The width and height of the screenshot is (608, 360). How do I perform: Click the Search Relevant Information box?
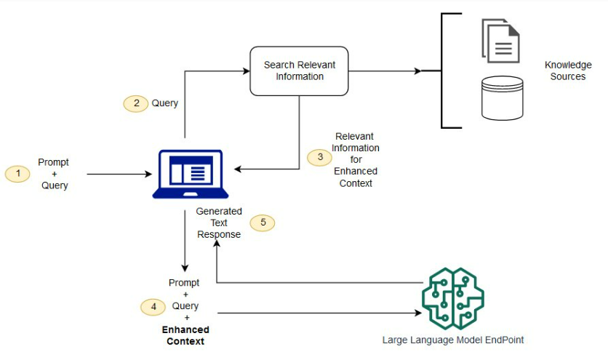click(300, 71)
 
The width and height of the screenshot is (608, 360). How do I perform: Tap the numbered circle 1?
click(18, 174)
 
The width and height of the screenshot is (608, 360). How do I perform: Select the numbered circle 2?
click(136, 103)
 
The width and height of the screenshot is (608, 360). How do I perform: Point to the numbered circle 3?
click(319, 157)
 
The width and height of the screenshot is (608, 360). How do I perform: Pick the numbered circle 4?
click(153, 307)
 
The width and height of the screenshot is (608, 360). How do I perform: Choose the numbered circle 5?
click(263, 223)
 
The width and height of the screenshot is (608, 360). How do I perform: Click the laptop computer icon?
click(191, 174)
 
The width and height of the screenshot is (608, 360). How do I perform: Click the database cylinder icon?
click(503, 97)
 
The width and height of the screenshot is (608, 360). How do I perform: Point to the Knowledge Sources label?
click(568, 71)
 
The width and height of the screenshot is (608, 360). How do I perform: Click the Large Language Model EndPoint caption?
click(452, 340)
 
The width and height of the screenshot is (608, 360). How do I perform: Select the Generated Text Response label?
click(219, 223)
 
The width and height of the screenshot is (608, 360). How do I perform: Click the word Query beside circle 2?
click(164, 103)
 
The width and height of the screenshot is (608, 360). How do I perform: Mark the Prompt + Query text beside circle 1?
click(55, 174)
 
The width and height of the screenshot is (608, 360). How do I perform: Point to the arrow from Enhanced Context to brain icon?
click(320, 313)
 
